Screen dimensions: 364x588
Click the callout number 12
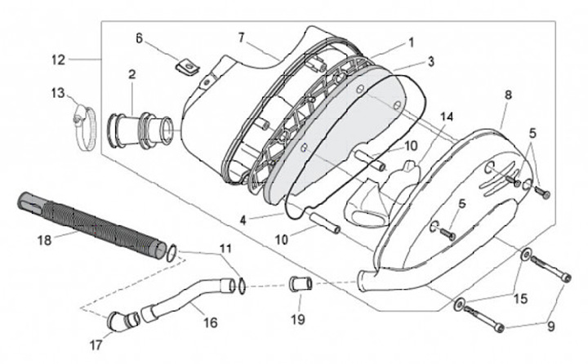click(57, 59)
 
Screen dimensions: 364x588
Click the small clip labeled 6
click(189, 65)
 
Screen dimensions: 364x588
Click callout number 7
click(242, 38)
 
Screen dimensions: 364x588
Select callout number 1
click(411, 41)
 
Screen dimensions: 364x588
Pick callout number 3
click(430, 61)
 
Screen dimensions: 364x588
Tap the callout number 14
click(445, 116)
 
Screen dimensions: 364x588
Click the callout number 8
click(508, 95)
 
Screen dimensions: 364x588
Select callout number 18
click(44, 239)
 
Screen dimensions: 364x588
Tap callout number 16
click(210, 322)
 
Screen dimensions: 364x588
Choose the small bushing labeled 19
click(299, 286)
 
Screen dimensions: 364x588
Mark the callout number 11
click(225, 247)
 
